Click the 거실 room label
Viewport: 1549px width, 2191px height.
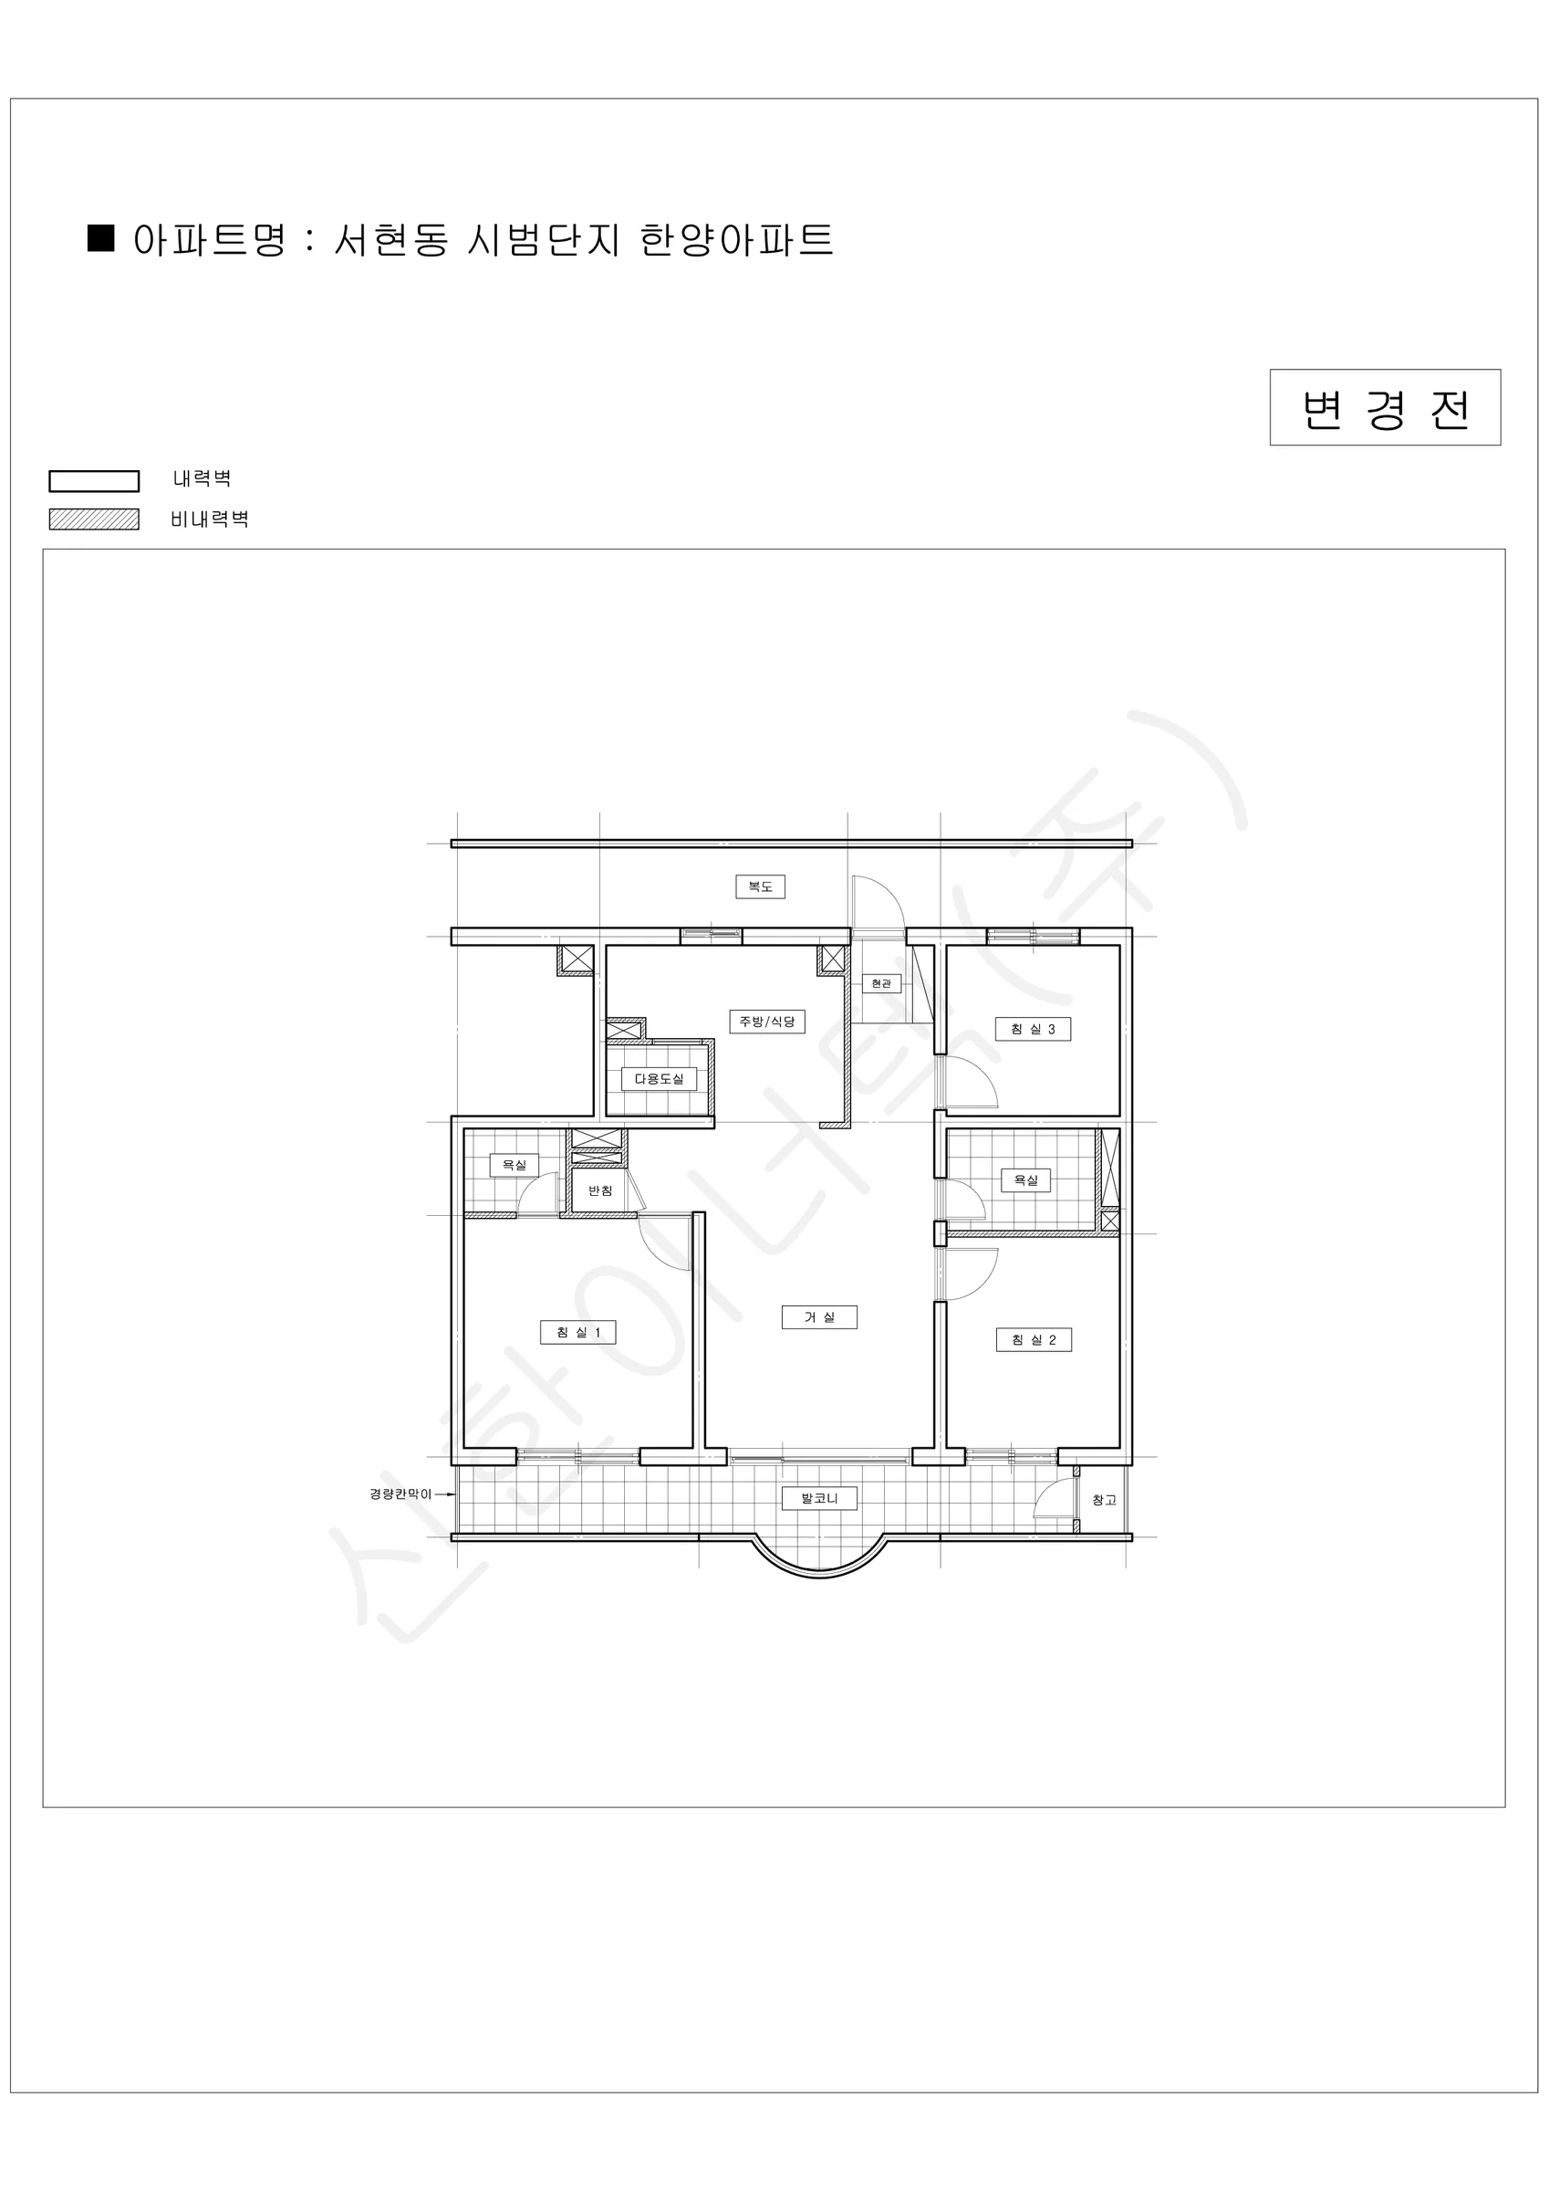click(x=818, y=1317)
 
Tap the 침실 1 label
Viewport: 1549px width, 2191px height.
click(x=578, y=1332)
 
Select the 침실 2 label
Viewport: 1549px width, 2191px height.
click(x=1033, y=1340)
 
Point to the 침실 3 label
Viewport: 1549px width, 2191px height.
click(x=1033, y=1029)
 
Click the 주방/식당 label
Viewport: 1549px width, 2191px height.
click(x=767, y=1021)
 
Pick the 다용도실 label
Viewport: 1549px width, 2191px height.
click(x=659, y=1078)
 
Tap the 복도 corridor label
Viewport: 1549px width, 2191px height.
click(x=760, y=886)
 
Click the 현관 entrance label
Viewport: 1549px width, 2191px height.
click(x=881, y=983)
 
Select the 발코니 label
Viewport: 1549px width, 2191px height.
click(x=819, y=1498)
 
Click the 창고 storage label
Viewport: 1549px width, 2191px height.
click(x=1104, y=1500)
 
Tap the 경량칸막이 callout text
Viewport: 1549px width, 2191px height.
click(x=400, y=1494)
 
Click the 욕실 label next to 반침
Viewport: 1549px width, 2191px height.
click(x=515, y=1164)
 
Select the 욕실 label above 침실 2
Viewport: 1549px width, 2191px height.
click(x=1025, y=1179)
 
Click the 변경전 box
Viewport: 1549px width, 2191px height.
click(x=1385, y=407)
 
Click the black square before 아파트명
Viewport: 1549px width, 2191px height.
click(x=101, y=237)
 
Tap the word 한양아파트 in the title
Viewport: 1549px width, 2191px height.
click(x=736, y=239)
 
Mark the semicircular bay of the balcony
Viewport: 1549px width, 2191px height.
click(x=819, y=1576)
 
